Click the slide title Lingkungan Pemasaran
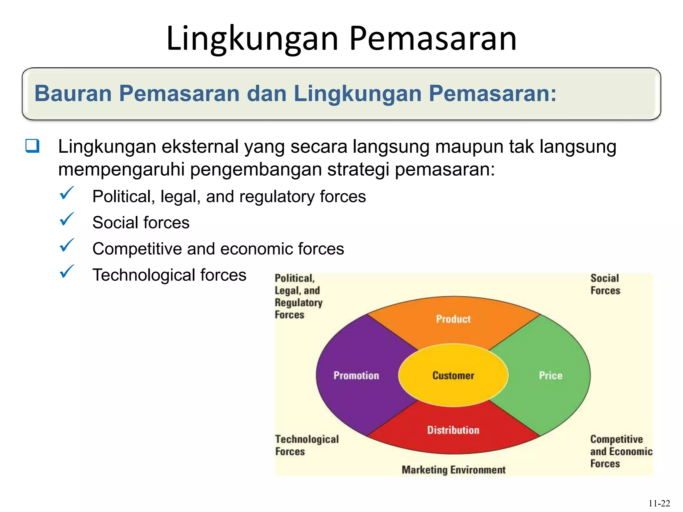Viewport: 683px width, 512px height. (x=341, y=39)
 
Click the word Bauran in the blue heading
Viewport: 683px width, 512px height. (x=73, y=93)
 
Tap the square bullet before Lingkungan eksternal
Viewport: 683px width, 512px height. (x=32, y=146)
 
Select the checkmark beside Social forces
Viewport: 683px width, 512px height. (x=66, y=220)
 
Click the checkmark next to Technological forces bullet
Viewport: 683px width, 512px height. (x=66, y=272)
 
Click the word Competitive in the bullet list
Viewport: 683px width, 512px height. (x=137, y=249)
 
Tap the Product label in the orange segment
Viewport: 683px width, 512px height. (x=453, y=319)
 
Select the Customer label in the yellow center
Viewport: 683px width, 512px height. (x=453, y=376)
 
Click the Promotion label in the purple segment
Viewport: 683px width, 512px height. (x=356, y=376)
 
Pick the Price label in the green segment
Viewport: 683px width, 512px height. (x=551, y=376)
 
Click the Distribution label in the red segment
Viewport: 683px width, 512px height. (x=453, y=430)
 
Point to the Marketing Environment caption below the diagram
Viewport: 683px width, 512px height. (x=453, y=470)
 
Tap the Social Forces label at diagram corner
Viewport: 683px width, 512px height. (x=605, y=284)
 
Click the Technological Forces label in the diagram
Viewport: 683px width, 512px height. (x=307, y=445)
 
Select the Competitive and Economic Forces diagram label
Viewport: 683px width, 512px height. (x=621, y=451)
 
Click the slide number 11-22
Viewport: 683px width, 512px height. (x=659, y=503)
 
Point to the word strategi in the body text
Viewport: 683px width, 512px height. (x=358, y=169)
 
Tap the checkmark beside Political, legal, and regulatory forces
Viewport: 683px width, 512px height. (x=66, y=194)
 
